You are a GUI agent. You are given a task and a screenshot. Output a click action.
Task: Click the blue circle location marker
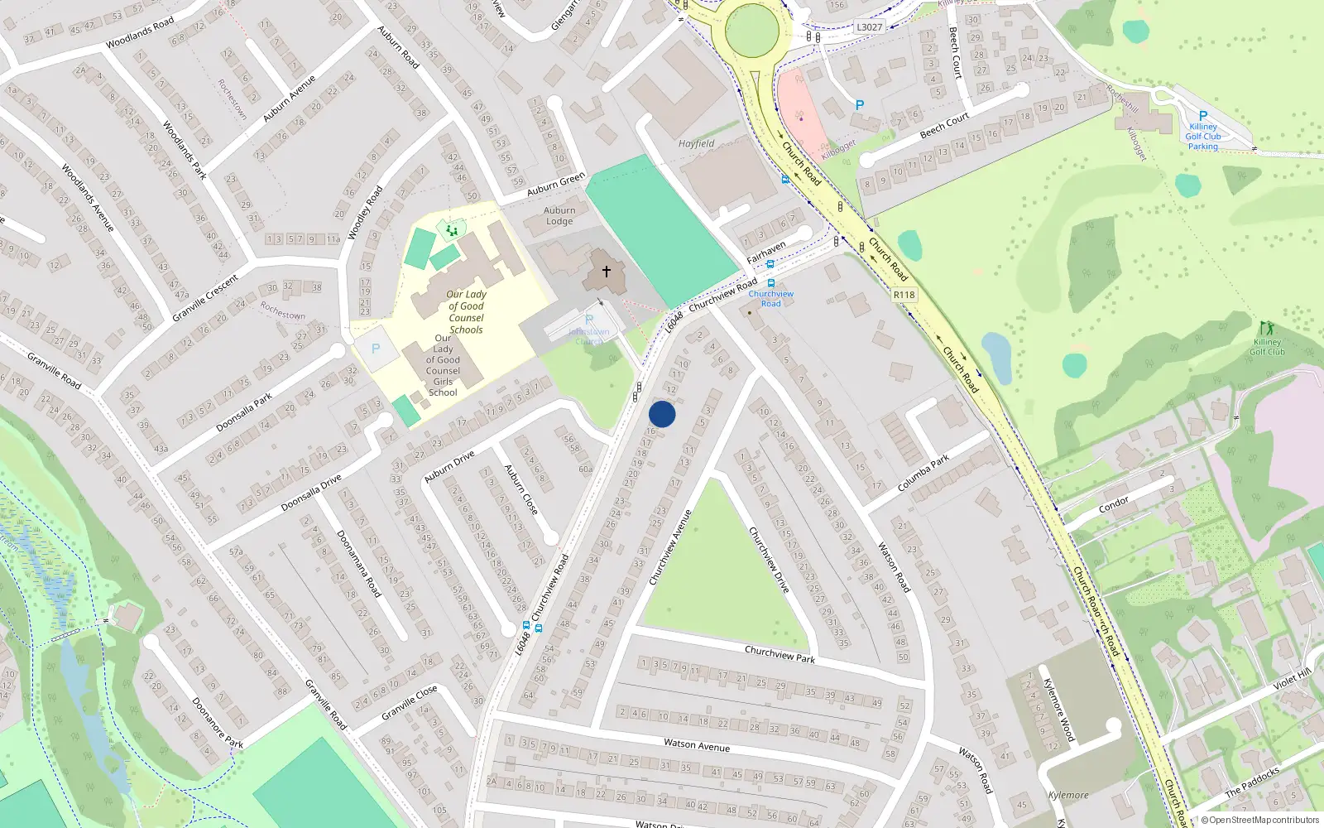(x=662, y=414)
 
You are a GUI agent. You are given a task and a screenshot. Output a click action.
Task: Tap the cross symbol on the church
(x=607, y=272)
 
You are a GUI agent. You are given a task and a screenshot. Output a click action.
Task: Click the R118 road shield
(x=904, y=295)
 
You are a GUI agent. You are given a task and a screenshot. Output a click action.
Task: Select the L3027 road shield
(x=869, y=27)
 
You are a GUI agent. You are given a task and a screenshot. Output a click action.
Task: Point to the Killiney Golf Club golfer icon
(x=1266, y=328)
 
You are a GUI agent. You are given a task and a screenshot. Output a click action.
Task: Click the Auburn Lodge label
(x=559, y=216)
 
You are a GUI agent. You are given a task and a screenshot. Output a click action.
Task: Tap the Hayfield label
(x=696, y=143)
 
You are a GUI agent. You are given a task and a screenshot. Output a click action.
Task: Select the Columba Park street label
(x=923, y=474)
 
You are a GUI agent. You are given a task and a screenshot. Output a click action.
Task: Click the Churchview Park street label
(x=780, y=654)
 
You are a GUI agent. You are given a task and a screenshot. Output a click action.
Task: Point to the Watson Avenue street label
(x=697, y=745)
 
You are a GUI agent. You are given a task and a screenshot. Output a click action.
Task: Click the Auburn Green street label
(x=556, y=184)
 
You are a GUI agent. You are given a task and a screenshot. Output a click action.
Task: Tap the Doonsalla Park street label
(x=244, y=412)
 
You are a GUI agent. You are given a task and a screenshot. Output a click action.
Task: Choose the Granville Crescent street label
(x=205, y=298)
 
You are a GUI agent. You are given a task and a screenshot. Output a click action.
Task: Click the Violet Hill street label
(x=1293, y=679)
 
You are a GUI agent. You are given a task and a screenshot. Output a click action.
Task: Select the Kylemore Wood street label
(x=1058, y=710)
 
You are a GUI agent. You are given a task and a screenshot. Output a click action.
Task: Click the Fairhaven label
(x=766, y=252)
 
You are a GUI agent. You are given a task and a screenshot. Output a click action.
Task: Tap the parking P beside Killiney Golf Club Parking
(x=1203, y=116)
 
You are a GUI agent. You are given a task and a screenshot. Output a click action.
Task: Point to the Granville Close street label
(x=409, y=703)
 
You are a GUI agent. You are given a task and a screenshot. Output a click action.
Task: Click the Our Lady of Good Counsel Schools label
(x=466, y=311)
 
